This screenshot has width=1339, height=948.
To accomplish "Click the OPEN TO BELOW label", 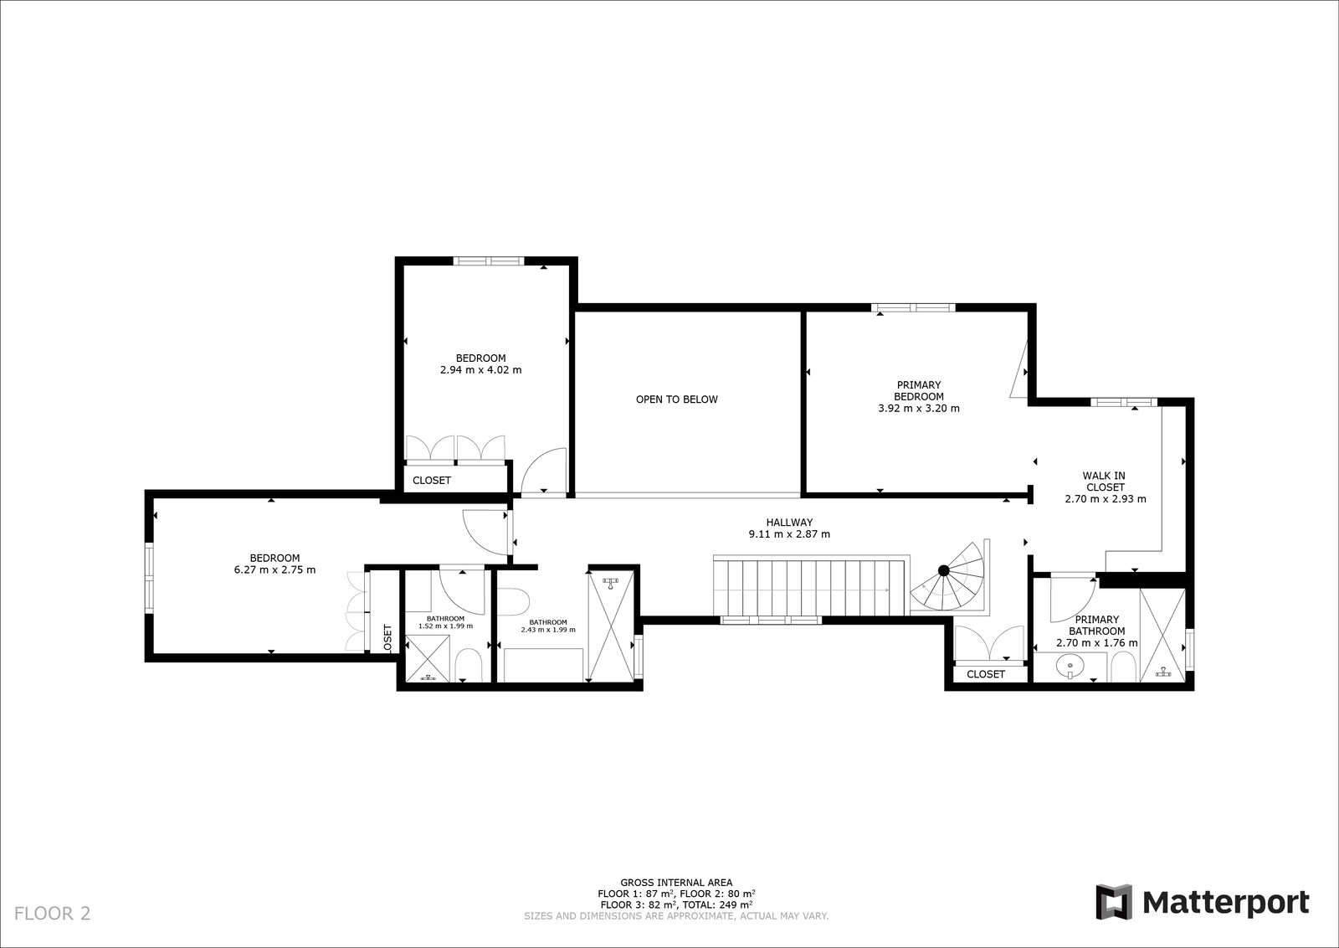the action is tap(677, 399).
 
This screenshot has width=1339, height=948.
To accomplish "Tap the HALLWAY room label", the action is tap(790, 522).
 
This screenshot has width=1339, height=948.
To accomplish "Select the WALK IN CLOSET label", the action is tap(1104, 482).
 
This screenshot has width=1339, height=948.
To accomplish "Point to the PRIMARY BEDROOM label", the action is tap(919, 390).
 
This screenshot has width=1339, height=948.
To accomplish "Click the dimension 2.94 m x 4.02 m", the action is tap(480, 370).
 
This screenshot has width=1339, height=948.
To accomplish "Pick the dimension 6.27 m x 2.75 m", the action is tap(275, 570).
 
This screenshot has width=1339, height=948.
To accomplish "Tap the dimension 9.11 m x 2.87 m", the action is tap(790, 534).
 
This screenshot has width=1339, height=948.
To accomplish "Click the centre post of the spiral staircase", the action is tap(943, 570).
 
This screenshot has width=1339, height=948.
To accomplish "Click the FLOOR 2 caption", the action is tap(53, 914).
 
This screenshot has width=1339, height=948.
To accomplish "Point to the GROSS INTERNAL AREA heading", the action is tap(676, 882).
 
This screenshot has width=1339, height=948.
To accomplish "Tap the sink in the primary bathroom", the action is tap(1070, 665).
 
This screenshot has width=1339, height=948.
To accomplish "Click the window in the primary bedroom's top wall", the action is tap(913, 308).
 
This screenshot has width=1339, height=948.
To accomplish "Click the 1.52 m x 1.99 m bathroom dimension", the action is tap(445, 626).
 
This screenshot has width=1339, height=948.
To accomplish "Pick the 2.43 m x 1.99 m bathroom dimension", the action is tap(548, 629).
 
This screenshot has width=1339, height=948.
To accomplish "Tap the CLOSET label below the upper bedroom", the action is tap(432, 480).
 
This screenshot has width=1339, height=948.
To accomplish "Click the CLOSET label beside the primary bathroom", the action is tap(986, 674).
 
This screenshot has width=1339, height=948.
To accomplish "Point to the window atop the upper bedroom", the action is tap(489, 260).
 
